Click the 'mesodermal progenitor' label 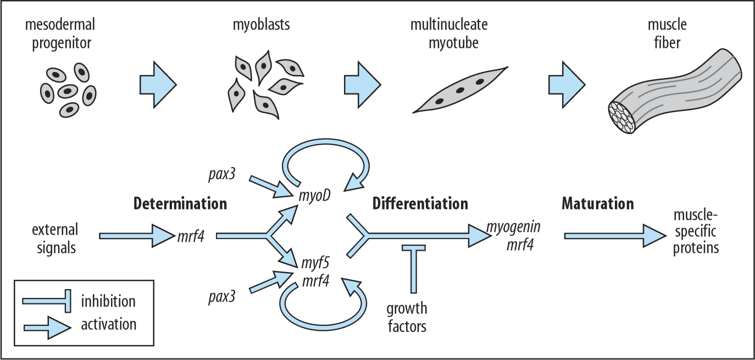63,34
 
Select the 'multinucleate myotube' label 449,34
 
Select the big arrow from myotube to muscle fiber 567,83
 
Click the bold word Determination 180,204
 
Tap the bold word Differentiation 420,204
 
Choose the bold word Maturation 597,204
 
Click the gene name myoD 315,196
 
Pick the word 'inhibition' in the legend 108,301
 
